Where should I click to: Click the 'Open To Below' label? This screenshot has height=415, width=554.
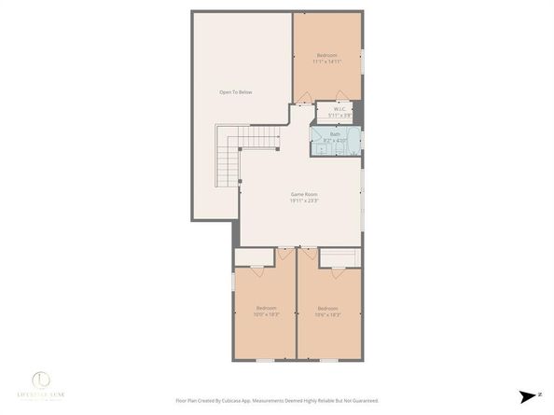236,92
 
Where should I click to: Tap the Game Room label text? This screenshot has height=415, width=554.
304,194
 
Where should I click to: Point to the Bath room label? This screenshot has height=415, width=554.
335,134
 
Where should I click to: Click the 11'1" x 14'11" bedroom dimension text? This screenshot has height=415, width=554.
327,62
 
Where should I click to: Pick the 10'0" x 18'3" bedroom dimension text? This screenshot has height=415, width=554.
267,314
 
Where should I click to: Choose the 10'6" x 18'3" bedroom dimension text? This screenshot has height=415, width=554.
327,314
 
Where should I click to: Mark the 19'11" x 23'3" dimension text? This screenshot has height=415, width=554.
304,201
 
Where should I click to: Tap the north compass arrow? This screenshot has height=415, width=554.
529,395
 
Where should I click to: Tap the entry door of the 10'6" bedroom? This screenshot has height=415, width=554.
306,253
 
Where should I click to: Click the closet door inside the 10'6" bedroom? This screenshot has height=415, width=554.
337,271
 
